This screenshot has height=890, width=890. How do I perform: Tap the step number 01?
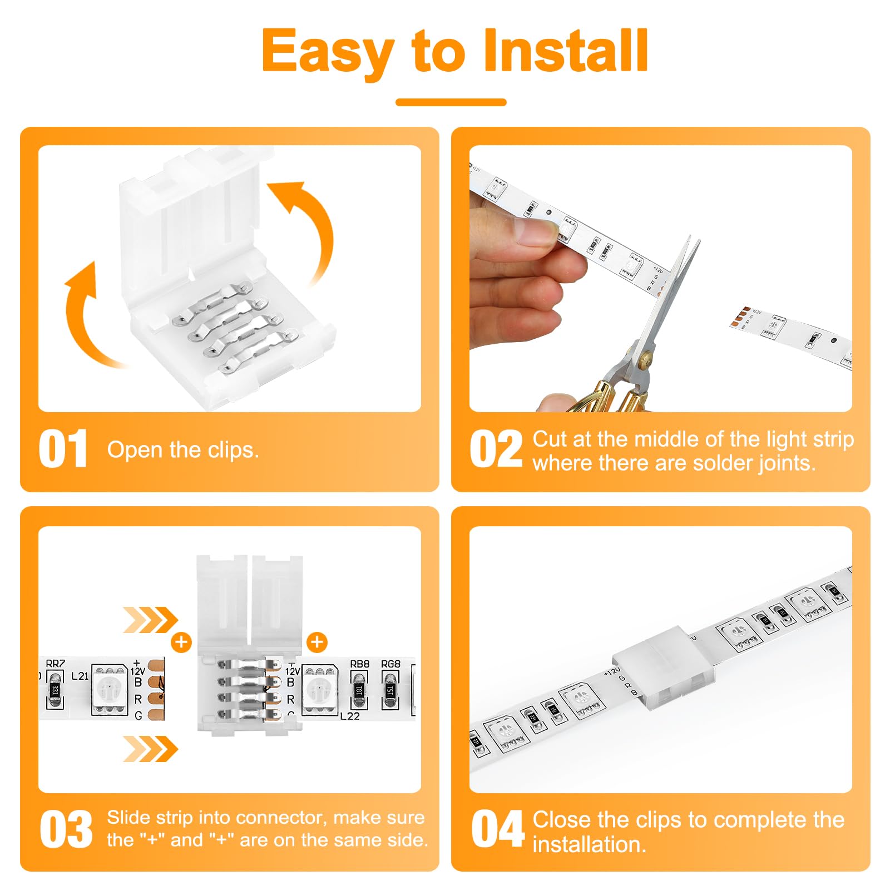[63, 449]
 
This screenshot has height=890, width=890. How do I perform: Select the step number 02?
[496, 449]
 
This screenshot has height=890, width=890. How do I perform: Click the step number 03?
[66, 829]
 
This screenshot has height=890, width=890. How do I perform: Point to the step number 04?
[497, 829]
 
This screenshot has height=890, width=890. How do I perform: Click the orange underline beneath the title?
[451, 102]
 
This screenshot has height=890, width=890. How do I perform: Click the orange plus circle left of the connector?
[181, 642]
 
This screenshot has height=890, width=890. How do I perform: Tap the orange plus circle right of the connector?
[317, 642]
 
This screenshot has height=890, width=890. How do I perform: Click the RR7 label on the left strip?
[55, 663]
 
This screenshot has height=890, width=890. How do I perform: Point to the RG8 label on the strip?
[390, 664]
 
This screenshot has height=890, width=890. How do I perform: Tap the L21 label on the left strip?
[80, 676]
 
